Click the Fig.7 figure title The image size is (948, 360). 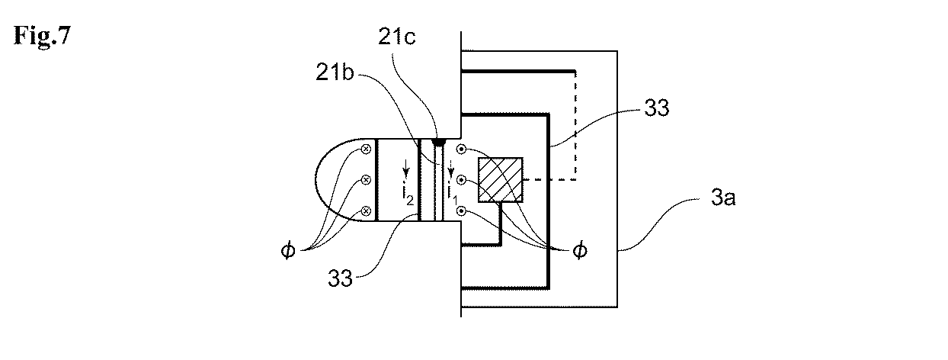[42, 35]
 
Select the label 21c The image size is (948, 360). [396, 37]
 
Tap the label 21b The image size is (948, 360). [335, 72]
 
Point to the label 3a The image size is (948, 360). [723, 198]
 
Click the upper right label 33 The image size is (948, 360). [656, 108]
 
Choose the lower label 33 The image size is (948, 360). [340, 278]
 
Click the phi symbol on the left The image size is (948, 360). [288, 250]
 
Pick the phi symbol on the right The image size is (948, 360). [580, 250]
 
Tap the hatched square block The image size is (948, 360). [500, 180]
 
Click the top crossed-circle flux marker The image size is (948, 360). [366, 149]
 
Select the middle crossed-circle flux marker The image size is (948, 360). [366, 180]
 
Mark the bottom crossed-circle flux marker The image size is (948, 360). [366, 211]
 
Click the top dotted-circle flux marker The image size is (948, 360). [461, 149]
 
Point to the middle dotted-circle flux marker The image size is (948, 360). [461, 180]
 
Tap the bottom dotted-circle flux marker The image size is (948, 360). [461, 211]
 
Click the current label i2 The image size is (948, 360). [408, 195]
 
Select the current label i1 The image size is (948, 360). [453, 195]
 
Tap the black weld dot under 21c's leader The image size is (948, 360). [437, 142]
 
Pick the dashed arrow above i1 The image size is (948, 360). [451, 169]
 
